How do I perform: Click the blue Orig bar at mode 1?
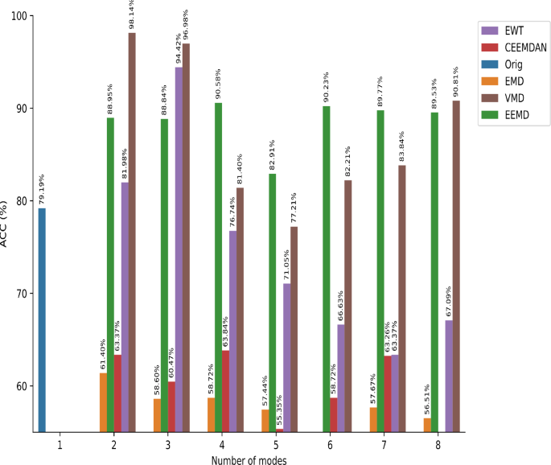(42, 320)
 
